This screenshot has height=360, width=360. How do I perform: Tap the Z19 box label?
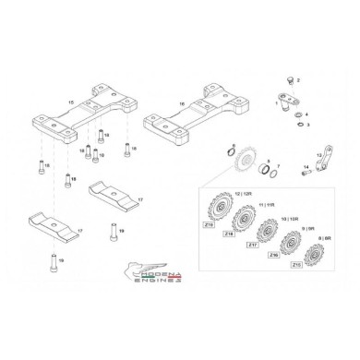(x=208, y=224)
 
